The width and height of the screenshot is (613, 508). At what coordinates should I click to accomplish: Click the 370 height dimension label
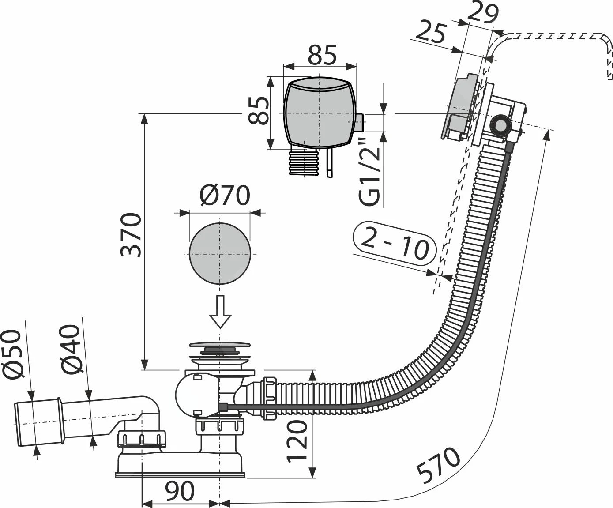(131, 235)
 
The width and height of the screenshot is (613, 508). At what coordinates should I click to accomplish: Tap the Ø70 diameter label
(225, 195)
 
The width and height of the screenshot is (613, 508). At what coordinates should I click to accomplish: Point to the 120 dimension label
(297, 441)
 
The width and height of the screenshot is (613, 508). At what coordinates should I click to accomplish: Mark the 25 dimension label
(432, 32)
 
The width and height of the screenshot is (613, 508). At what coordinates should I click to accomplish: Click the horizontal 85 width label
(322, 55)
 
